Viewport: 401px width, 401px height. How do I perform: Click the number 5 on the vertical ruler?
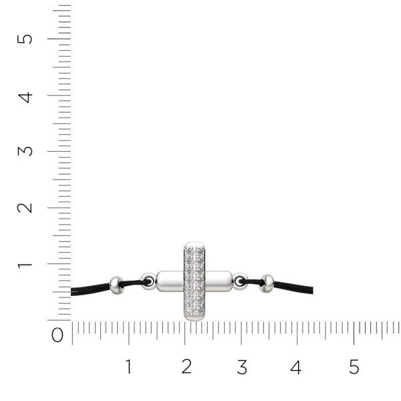tap(25, 39)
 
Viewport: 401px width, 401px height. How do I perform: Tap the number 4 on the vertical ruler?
tap(25, 98)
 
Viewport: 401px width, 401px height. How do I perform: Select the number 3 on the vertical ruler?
tap(25, 151)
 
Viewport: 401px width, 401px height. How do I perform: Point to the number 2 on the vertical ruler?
tap(25, 208)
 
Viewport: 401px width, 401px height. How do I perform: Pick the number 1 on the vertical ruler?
tap(25, 265)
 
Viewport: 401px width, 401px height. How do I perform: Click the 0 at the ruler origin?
tap(57, 335)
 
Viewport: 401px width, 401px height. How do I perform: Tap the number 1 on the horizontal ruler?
tap(128, 366)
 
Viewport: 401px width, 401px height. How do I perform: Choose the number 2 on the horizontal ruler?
tap(186, 366)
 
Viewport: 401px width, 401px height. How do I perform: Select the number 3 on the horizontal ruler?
tap(242, 367)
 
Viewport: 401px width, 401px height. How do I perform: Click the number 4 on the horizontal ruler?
tap(296, 367)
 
